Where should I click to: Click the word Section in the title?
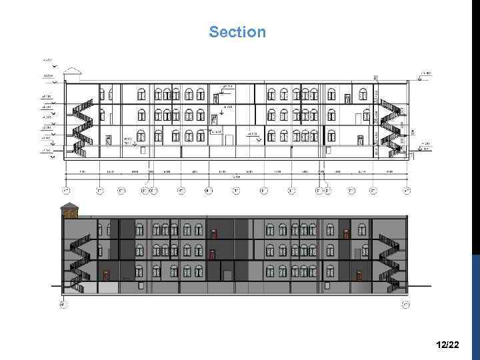tap(237, 32)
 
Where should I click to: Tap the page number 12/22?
tap(447, 345)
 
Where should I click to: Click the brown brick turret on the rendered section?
tap(69, 211)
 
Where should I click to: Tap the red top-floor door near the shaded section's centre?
tap(213, 233)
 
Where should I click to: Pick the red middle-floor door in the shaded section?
tap(212, 253)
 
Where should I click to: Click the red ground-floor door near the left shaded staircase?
tap(107, 274)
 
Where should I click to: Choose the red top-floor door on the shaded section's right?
tap(346, 233)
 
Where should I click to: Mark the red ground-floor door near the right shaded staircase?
tap(359, 274)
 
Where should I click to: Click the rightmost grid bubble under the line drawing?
tap(406, 191)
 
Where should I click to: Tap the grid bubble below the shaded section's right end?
tap(405, 305)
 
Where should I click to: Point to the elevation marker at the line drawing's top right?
tap(425, 74)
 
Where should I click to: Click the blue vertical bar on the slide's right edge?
tap(475, 293)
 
